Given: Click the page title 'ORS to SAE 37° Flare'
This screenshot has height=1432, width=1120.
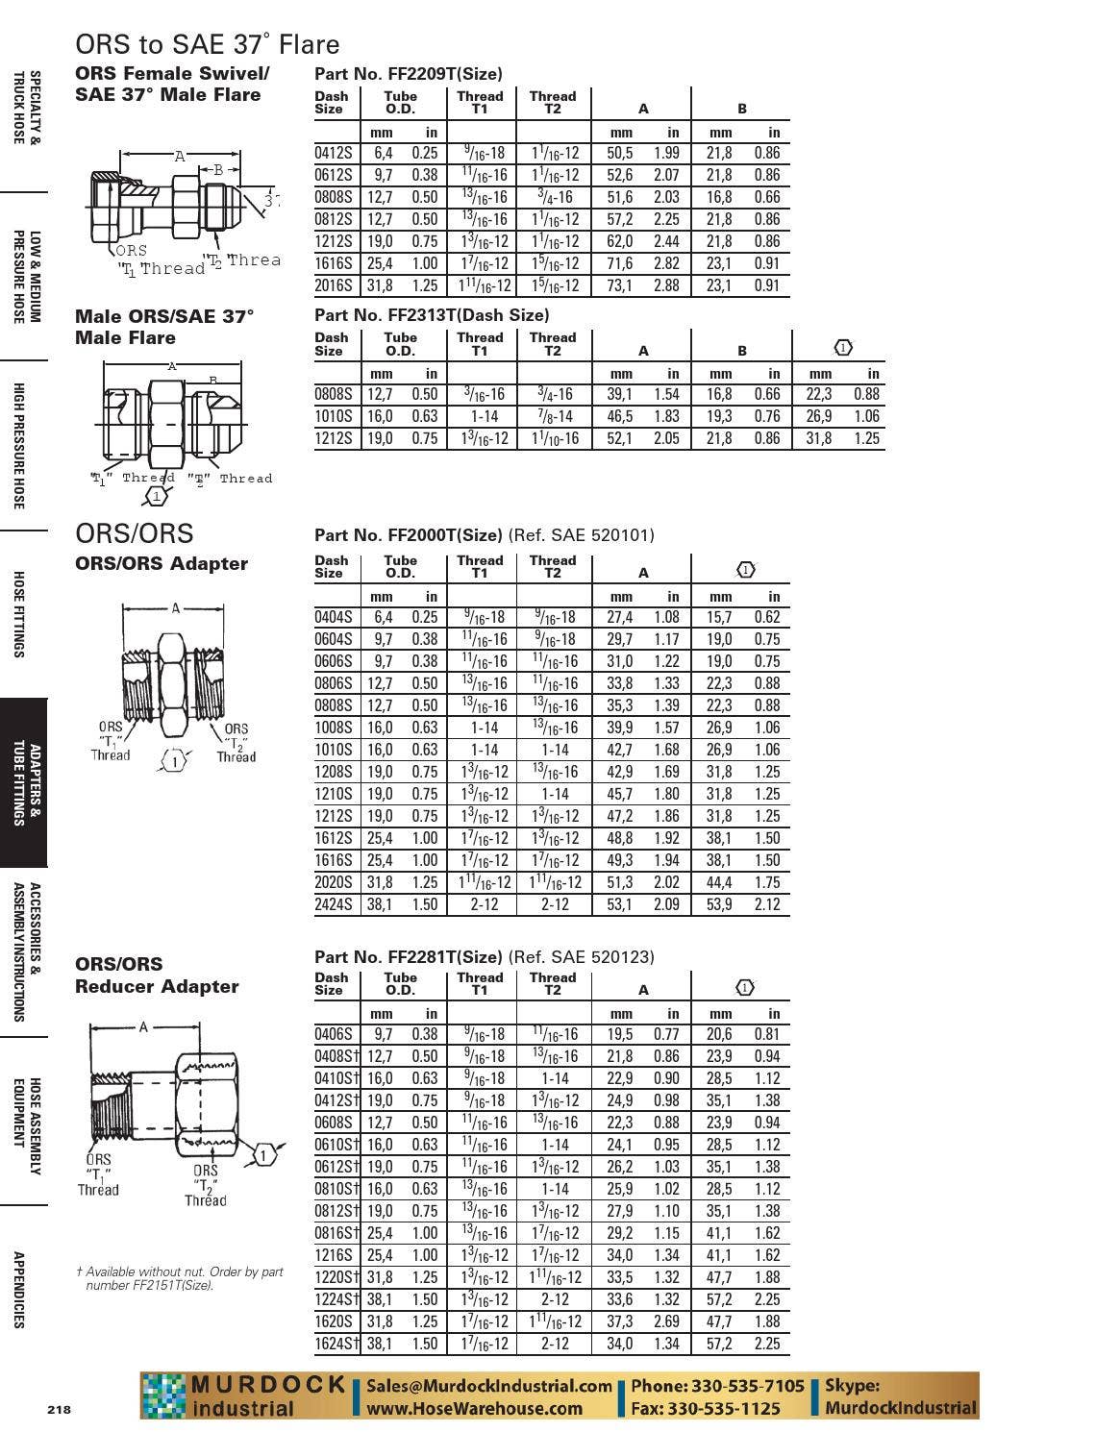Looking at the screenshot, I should coord(207,44).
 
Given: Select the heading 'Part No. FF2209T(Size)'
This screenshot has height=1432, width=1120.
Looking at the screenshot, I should coord(408,74).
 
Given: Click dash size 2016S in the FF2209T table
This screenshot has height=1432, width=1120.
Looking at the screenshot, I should coord(334,285).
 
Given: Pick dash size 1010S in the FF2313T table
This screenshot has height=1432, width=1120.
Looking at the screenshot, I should coord(334,416).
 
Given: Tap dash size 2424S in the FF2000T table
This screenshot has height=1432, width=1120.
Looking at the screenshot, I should coord(334,904).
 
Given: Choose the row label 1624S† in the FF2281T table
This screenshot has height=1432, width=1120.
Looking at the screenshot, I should coord(336,1344).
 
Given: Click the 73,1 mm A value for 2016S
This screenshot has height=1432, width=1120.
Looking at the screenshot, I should coord(619,285).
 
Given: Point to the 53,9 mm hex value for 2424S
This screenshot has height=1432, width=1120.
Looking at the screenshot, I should coord(719,904).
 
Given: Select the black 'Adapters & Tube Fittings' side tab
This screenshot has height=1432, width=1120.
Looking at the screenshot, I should coord(23,783).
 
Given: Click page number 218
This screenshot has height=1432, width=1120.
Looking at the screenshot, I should coord(59,1410).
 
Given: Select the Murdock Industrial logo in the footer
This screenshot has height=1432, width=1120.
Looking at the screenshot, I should coord(244,1396).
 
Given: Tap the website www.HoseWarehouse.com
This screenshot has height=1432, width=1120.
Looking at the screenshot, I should coord(474,1409).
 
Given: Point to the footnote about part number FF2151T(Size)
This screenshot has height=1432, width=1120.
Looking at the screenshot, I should coord(180,1278).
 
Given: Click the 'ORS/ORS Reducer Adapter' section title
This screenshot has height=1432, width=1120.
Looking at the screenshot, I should coord(157,975).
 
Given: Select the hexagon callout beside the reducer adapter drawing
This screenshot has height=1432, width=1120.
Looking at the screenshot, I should coord(264,1155).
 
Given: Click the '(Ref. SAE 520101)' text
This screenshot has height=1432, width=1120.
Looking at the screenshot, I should coord(581,535).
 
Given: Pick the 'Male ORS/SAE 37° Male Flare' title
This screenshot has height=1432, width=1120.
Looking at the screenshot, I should coord(164,327).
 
